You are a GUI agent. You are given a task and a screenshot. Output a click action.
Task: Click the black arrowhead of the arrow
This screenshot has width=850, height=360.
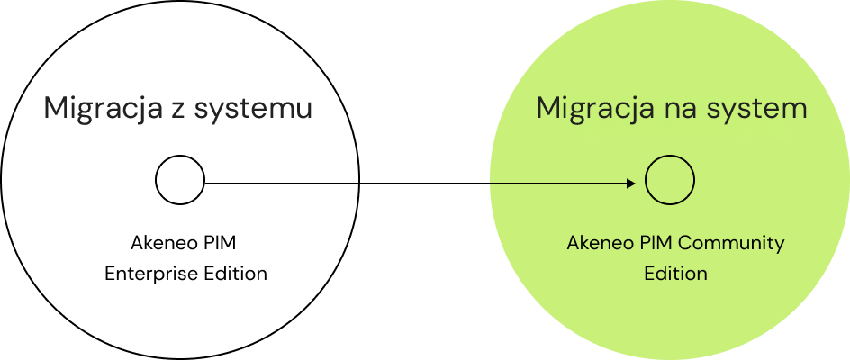pos(632,184)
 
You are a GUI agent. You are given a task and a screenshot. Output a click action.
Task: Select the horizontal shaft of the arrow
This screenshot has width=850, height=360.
pos(558,184)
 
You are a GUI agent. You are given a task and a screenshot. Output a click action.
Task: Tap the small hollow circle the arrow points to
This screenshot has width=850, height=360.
pos(670,180)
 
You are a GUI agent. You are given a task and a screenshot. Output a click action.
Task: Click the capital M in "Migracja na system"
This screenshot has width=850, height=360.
pos(548,109)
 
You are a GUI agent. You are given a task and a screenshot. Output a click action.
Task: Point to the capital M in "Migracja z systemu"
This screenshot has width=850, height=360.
pos(56,109)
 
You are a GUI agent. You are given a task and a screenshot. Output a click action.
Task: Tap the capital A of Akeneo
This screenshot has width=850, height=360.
pos(573,243)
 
